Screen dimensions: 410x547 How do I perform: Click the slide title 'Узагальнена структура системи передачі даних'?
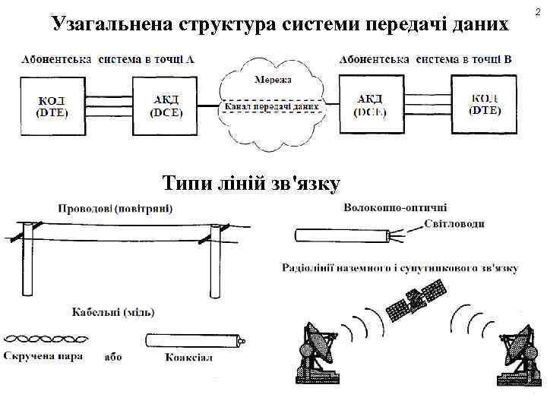[280, 24]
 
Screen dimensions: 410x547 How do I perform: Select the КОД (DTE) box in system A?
[52, 106]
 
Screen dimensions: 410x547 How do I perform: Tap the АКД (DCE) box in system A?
[165, 106]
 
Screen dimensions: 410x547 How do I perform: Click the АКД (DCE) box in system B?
[371, 106]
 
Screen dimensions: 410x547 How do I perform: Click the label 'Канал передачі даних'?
[270, 107]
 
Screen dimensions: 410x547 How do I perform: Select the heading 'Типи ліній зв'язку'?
[251, 183]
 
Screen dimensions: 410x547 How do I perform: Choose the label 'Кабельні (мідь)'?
[113, 311]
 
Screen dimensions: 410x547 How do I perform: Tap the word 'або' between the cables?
[113, 356]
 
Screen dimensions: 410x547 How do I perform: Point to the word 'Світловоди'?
[454, 223]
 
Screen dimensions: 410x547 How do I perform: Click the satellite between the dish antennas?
[415, 300]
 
